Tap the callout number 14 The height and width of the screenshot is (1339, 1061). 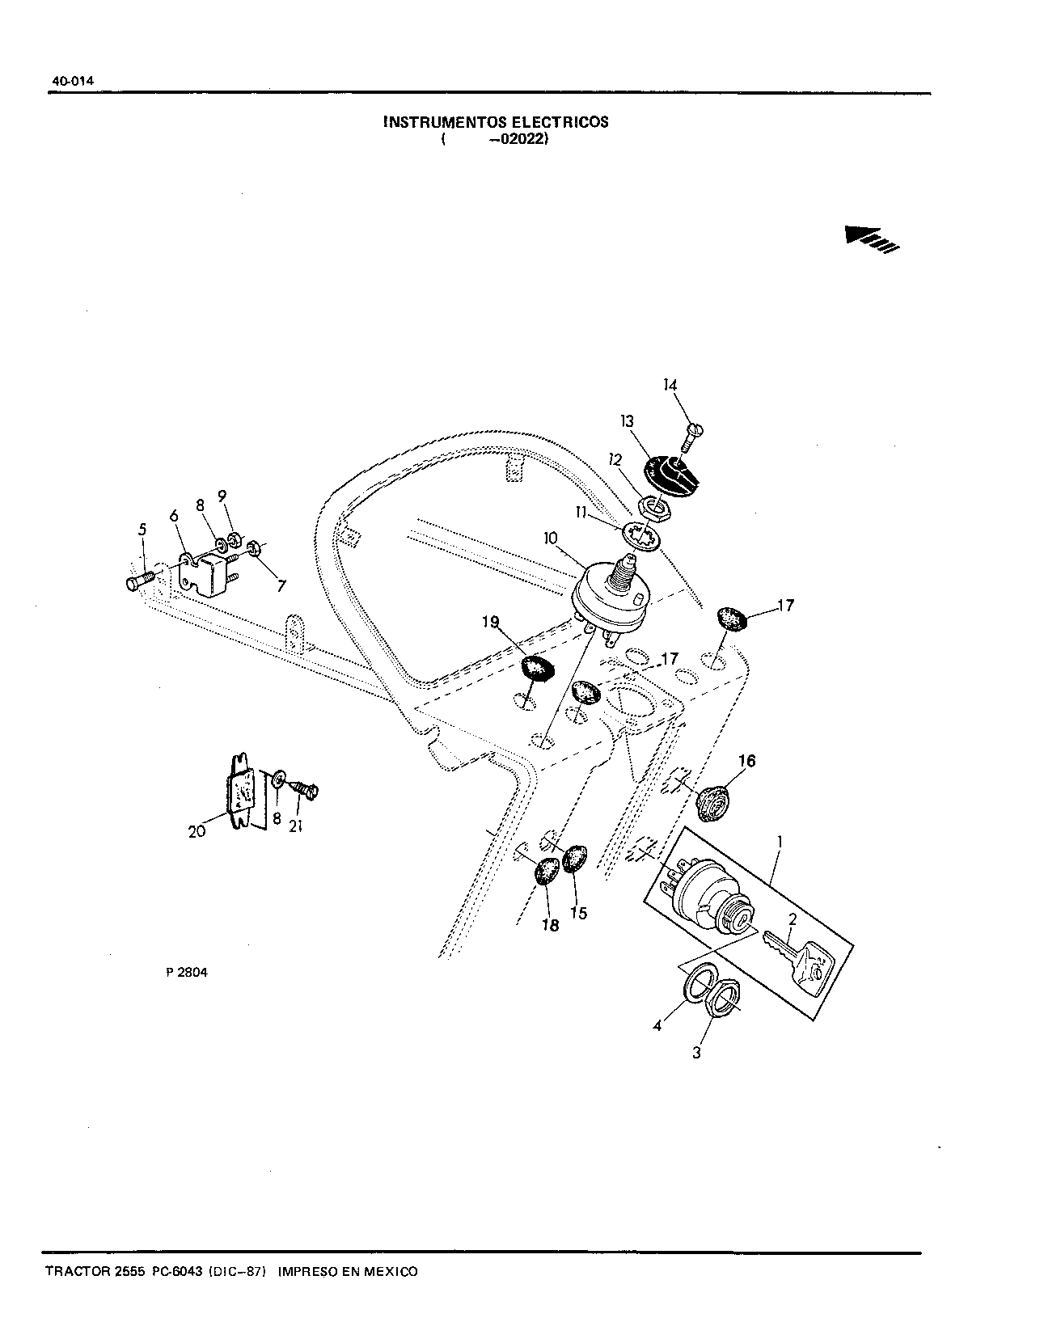click(670, 386)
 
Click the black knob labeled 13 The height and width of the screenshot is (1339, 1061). click(669, 474)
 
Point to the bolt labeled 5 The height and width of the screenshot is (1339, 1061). click(141, 581)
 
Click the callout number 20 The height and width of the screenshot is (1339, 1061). click(197, 830)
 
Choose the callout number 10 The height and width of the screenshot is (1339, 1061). click(551, 538)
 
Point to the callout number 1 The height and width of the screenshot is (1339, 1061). click(779, 842)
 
